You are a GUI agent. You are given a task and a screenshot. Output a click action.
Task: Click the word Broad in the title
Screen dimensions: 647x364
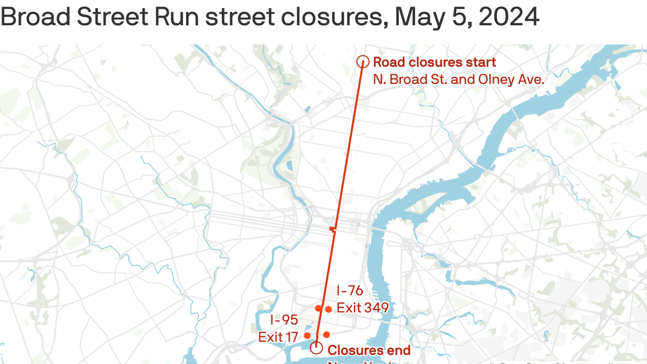[35, 18]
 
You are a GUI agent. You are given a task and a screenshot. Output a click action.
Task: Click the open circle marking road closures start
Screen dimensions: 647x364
[363, 62]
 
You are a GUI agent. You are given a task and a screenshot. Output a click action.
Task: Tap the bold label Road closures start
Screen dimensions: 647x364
[434, 62]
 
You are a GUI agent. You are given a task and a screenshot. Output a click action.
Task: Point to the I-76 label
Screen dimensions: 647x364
[350, 290]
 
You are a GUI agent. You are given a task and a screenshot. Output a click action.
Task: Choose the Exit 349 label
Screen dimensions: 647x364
[362, 308]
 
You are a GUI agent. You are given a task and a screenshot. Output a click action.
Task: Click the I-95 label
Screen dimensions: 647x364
[284, 319]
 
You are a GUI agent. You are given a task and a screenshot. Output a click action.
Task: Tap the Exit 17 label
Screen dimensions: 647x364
[278, 337]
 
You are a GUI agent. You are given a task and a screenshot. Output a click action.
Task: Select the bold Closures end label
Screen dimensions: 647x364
[369, 350]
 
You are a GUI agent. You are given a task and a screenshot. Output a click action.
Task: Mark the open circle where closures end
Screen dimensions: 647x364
[316, 348]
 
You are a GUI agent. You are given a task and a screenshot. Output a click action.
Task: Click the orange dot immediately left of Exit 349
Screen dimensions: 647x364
[329, 309]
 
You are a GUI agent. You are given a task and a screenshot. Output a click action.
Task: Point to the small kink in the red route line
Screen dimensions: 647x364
[333, 230]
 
